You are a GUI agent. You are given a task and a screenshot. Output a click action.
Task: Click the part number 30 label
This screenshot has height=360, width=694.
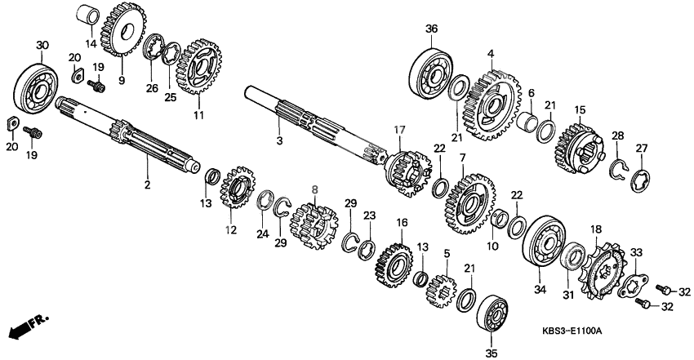click(x=42, y=44)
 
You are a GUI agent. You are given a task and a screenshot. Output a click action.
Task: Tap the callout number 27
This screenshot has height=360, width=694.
click(x=641, y=148)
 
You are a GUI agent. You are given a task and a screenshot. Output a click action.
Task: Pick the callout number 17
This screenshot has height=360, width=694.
click(x=399, y=129)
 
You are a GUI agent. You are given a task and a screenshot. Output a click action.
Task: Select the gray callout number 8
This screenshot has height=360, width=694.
click(x=315, y=189)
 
